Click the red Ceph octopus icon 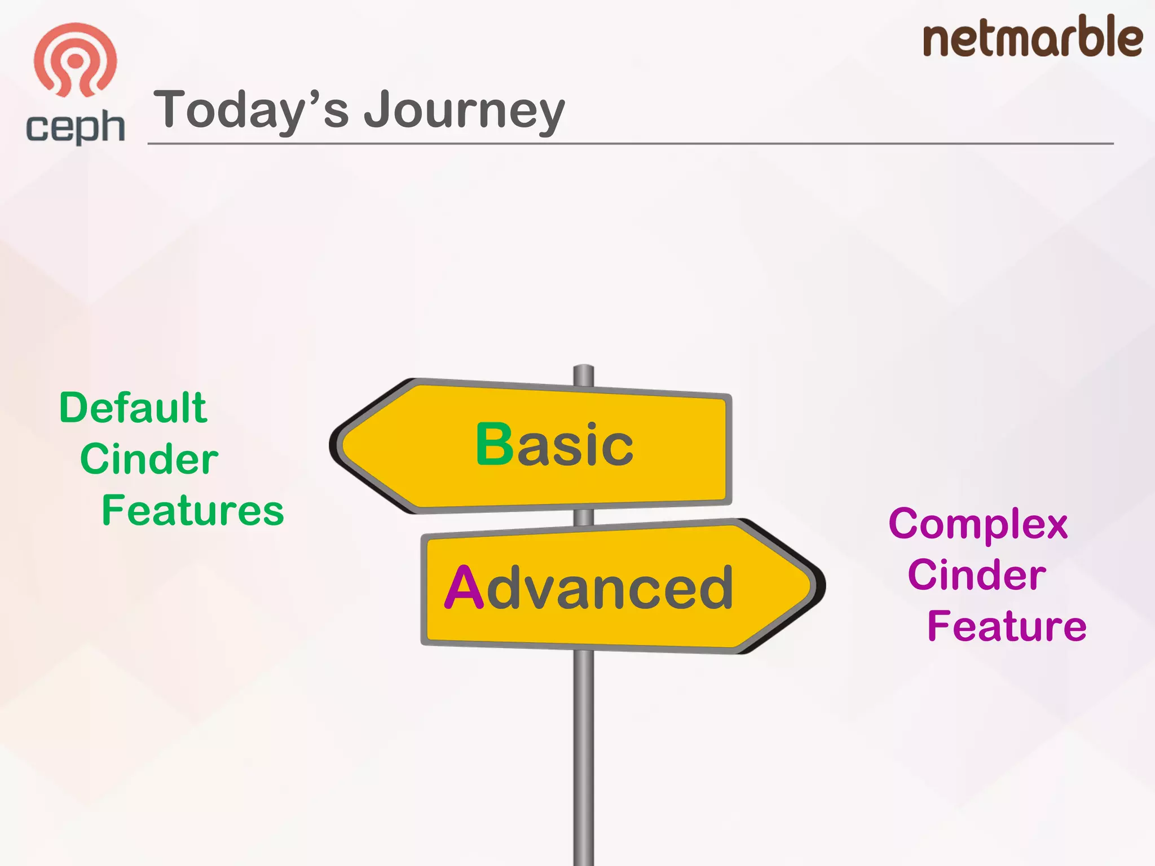pyautogui.click(x=75, y=59)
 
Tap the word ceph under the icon pyautogui.click(x=75, y=127)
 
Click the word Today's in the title pyautogui.click(x=251, y=110)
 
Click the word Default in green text pyautogui.click(x=133, y=408)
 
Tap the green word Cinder pyautogui.click(x=149, y=459)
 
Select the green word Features pyautogui.click(x=193, y=510)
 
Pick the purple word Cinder pyautogui.click(x=977, y=575)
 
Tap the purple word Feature pyautogui.click(x=1007, y=626)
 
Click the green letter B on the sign pyautogui.click(x=494, y=445)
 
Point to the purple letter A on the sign pyautogui.click(x=464, y=588)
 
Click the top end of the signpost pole pyautogui.click(x=584, y=372)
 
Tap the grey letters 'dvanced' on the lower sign pyautogui.click(x=609, y=588)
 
